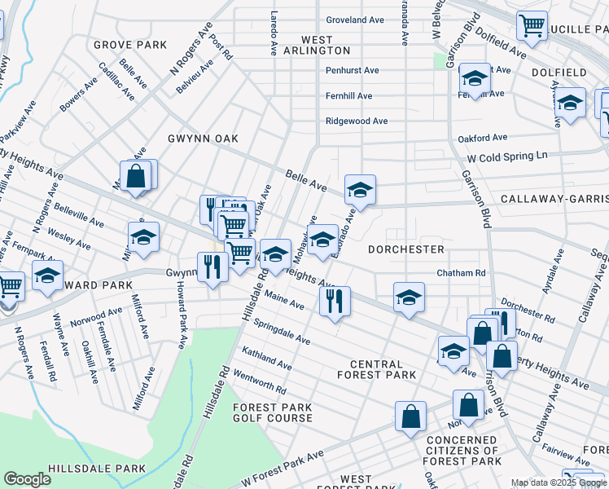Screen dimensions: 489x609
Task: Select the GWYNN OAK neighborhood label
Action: pos(204,139)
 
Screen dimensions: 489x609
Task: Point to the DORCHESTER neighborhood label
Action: pos(405,249)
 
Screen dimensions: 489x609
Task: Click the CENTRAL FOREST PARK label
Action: pos(376,370)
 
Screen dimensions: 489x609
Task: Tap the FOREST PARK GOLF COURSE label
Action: pos(273,412)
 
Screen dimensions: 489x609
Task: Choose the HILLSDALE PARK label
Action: pos(96,469)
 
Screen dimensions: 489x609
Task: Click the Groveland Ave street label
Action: pos(355,20)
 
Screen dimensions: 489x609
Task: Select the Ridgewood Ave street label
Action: pos(357,121)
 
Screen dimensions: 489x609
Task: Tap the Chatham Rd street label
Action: pos(461,273)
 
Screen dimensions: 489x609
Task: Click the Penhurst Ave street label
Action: pos(353,71)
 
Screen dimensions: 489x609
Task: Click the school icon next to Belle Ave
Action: pos(360,190)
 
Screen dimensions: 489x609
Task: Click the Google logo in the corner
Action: pos(27,479)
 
